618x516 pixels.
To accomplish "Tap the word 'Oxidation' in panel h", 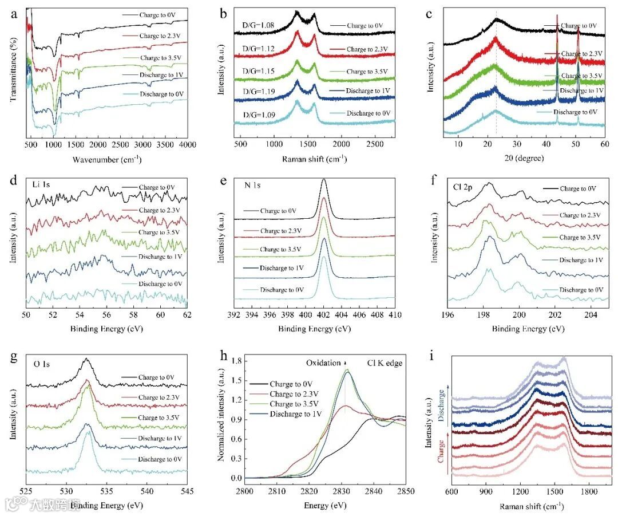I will (x=323, y=362).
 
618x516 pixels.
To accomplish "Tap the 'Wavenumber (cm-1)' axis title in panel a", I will (x=109, y=159).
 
